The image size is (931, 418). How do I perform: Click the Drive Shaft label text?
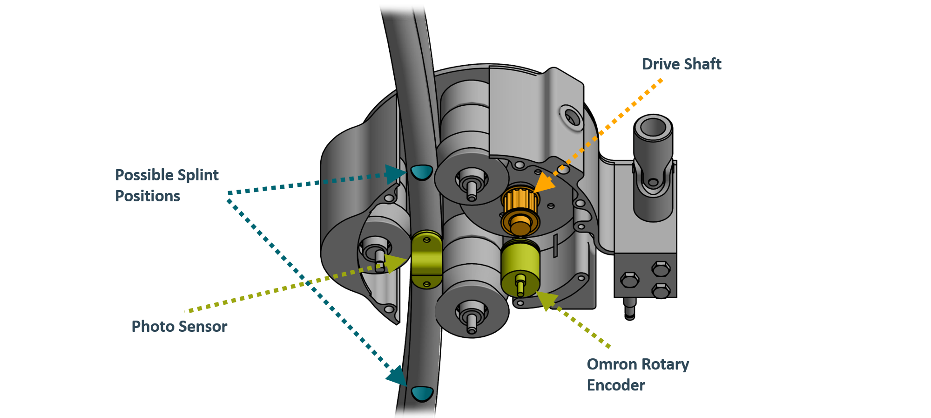click(x=681, y=64)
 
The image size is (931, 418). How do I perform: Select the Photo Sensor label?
click(x=179, y=326)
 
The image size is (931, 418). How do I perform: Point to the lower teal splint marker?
click(x=422, y=393)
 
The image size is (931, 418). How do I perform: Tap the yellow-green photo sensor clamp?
click(x=426, y=259)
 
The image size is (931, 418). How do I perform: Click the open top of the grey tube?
click(x=653, y=127)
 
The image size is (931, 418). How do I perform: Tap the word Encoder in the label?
click(x=616, y=385)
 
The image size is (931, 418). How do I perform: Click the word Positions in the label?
click(x=148, y=196)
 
